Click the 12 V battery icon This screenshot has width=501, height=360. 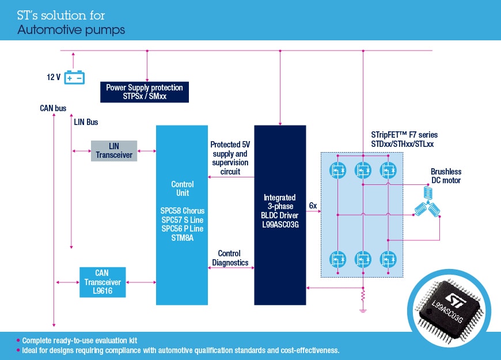click(74, 77)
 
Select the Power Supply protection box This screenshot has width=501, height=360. click(145, 92)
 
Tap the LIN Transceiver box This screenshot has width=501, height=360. click(114, 151)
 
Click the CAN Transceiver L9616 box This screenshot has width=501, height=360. click(103, 282)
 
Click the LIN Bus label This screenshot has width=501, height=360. click(86, 122)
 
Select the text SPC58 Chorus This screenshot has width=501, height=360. click(183, 210)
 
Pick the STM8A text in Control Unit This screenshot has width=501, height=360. click(183, 238)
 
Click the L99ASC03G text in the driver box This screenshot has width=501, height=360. click(280, 225)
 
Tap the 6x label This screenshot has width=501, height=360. click(313, 206)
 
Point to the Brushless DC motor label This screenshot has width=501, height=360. click(446, 176)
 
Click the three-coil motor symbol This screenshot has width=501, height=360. click(427, 210)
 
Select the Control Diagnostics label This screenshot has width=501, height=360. click(229, 258)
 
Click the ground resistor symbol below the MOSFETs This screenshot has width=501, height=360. click(363, 297)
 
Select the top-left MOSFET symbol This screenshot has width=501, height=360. click(337, 170)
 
